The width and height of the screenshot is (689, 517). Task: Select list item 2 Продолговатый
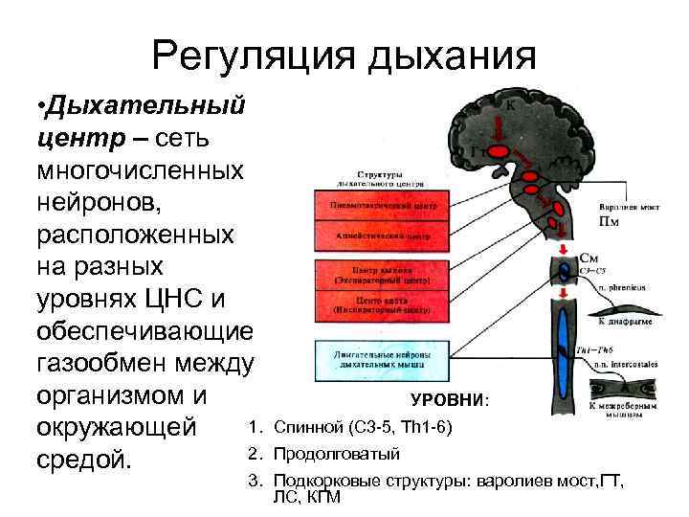pyautogui.click(x=335, y=453)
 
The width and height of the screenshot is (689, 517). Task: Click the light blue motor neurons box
pyautogui.click(x=378, y=361)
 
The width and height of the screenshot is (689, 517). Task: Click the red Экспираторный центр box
pyautogui.click(x=378, y=275)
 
